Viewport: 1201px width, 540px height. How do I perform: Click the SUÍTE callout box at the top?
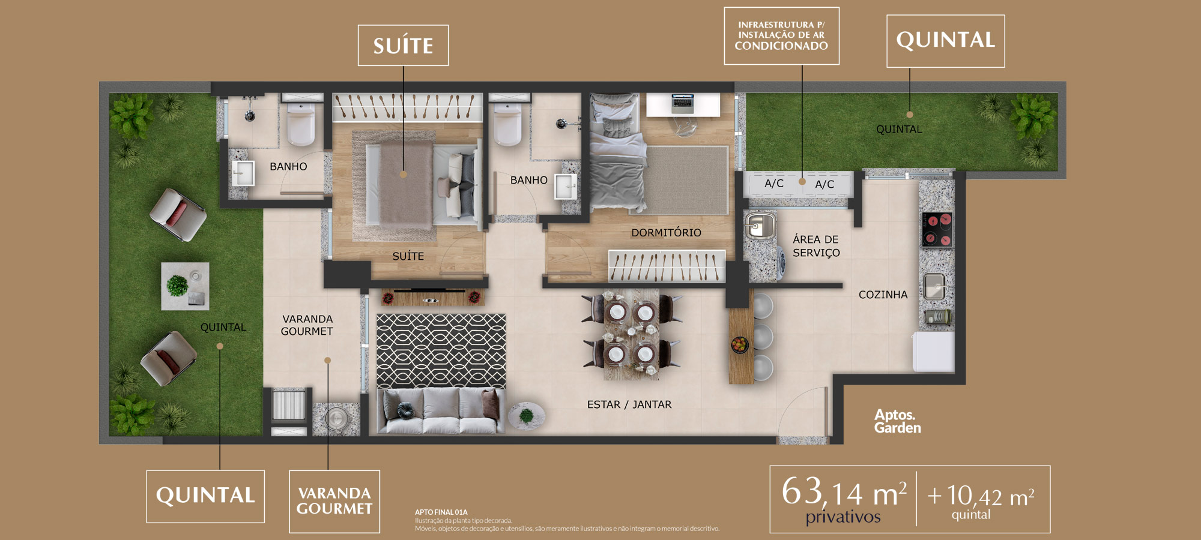(403, 45)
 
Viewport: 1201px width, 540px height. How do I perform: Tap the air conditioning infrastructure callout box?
(781, 35)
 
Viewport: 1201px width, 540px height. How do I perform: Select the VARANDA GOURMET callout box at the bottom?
(334, 501)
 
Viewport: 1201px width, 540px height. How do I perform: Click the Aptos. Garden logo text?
(897, 421)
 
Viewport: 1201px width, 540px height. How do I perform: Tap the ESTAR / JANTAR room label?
(629, 404)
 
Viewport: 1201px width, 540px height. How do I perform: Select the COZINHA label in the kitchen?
(883, 295)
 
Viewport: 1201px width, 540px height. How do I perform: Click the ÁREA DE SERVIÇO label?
(816, 246)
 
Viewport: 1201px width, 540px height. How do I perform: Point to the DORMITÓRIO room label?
(666, 233)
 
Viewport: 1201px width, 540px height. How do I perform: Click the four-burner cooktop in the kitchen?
(937, 230)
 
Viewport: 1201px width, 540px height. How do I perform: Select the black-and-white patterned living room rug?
(441, 351)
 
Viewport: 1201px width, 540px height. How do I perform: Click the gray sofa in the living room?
(440, 410)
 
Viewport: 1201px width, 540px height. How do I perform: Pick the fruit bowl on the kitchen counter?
(740, 345)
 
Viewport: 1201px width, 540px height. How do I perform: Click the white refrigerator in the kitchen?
(933, 352)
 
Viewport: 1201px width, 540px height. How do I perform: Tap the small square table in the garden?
(185, 286)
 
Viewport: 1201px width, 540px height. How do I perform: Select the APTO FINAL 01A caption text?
(441, 512)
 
